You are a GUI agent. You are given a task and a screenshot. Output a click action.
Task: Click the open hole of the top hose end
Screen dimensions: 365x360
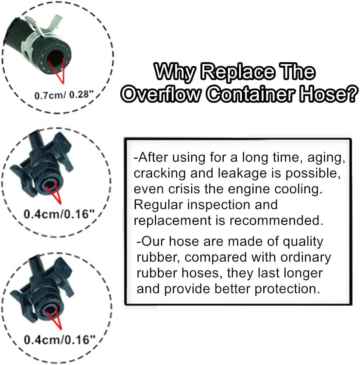(x=56, y=59)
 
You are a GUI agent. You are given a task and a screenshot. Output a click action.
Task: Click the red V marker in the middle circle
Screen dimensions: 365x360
(x=54, y=195)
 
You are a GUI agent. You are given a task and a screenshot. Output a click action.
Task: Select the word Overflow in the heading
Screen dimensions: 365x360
(x=160, y=95)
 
